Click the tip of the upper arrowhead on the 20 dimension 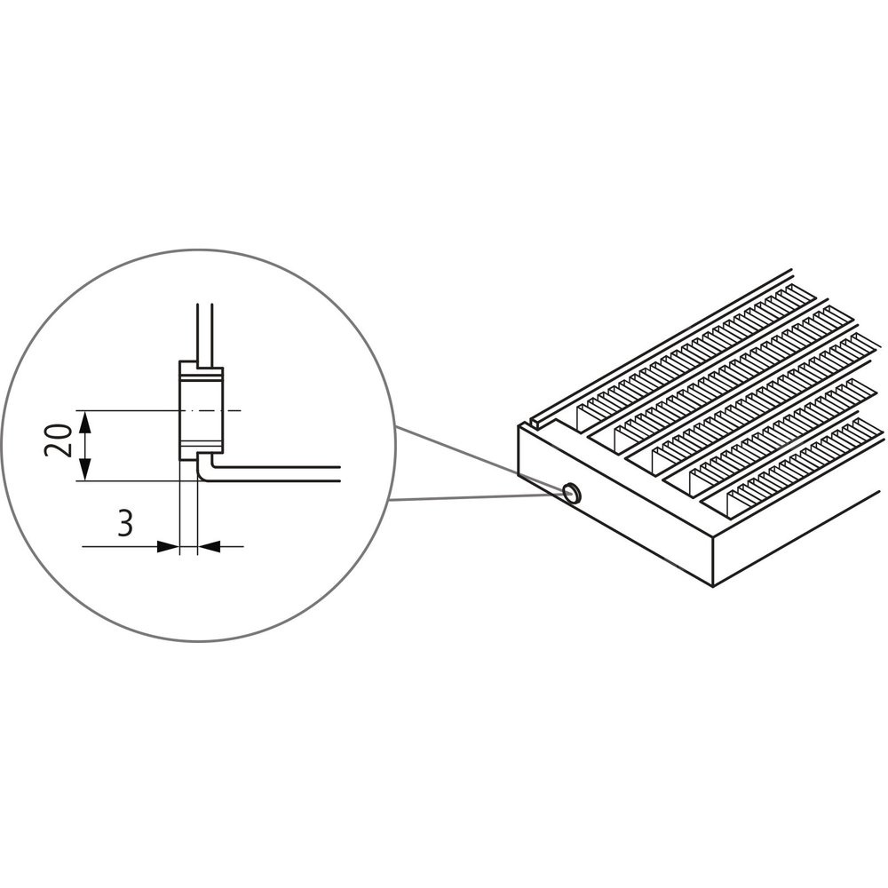point(84,410)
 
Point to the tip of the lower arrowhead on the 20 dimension point(84,480)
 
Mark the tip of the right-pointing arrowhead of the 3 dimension point(179,546)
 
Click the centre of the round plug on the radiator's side point(573,492)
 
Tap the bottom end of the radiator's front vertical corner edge point(713,586)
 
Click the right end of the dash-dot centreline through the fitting point(242,410)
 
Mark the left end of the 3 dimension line point(83,546)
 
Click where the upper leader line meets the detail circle point(395,426)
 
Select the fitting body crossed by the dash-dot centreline point(201,410)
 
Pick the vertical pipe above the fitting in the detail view point(204,336)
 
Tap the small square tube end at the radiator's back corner point(535,420)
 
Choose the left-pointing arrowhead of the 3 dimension point(209,546)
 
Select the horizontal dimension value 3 point(125,523)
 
